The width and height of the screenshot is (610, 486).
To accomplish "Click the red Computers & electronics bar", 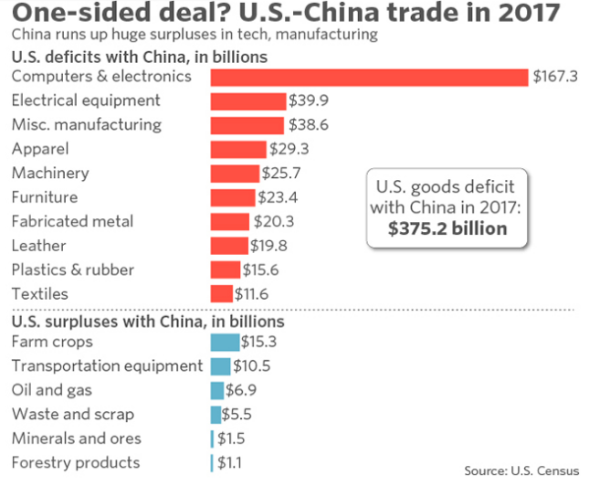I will coord(370,77).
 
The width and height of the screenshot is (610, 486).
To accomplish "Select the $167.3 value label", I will coord(556,77).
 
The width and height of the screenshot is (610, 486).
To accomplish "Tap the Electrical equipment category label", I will coord(86,100).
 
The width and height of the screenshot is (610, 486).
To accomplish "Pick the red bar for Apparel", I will coord(238,149).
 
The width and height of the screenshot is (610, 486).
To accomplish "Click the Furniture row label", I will coord(45,197).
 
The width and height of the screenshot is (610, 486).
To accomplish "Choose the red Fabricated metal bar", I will coord(229,221).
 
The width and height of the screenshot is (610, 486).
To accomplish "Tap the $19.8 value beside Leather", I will coord(268,246).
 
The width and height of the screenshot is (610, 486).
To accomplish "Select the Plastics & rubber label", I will coord(72,269).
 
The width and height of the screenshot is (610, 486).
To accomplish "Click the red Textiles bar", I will coord(221,294).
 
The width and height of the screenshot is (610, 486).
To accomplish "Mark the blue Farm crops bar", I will coord(225,343).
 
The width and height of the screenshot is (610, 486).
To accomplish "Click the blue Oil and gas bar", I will coord(216,390).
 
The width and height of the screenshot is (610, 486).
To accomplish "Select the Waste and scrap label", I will coord(73,415).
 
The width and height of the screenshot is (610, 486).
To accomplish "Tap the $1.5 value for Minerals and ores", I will coord(231,438).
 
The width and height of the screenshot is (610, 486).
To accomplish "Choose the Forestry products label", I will coord(76,463).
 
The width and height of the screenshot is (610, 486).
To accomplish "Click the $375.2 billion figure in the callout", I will coord(447,228).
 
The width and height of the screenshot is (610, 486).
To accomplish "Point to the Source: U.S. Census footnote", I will coord(521,470).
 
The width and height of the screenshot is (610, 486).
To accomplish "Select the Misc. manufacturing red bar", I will coord(247,125).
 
